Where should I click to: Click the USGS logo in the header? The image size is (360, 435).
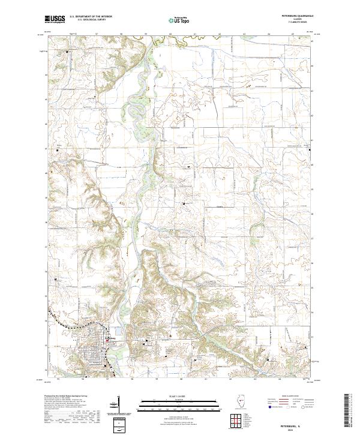[x=55, y=20]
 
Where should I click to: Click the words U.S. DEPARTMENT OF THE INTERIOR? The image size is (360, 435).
[x=90, y=17]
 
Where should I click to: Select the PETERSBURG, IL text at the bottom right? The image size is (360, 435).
[x=298, y=421]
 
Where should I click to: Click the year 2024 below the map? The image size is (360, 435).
[x=298, y=427]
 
